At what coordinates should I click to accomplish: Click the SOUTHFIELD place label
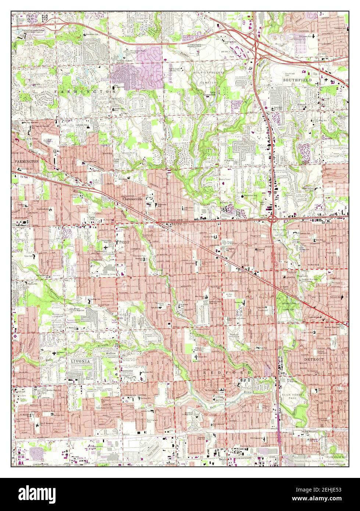coord(297,80)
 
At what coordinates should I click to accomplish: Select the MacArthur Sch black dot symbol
coord(242,196)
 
